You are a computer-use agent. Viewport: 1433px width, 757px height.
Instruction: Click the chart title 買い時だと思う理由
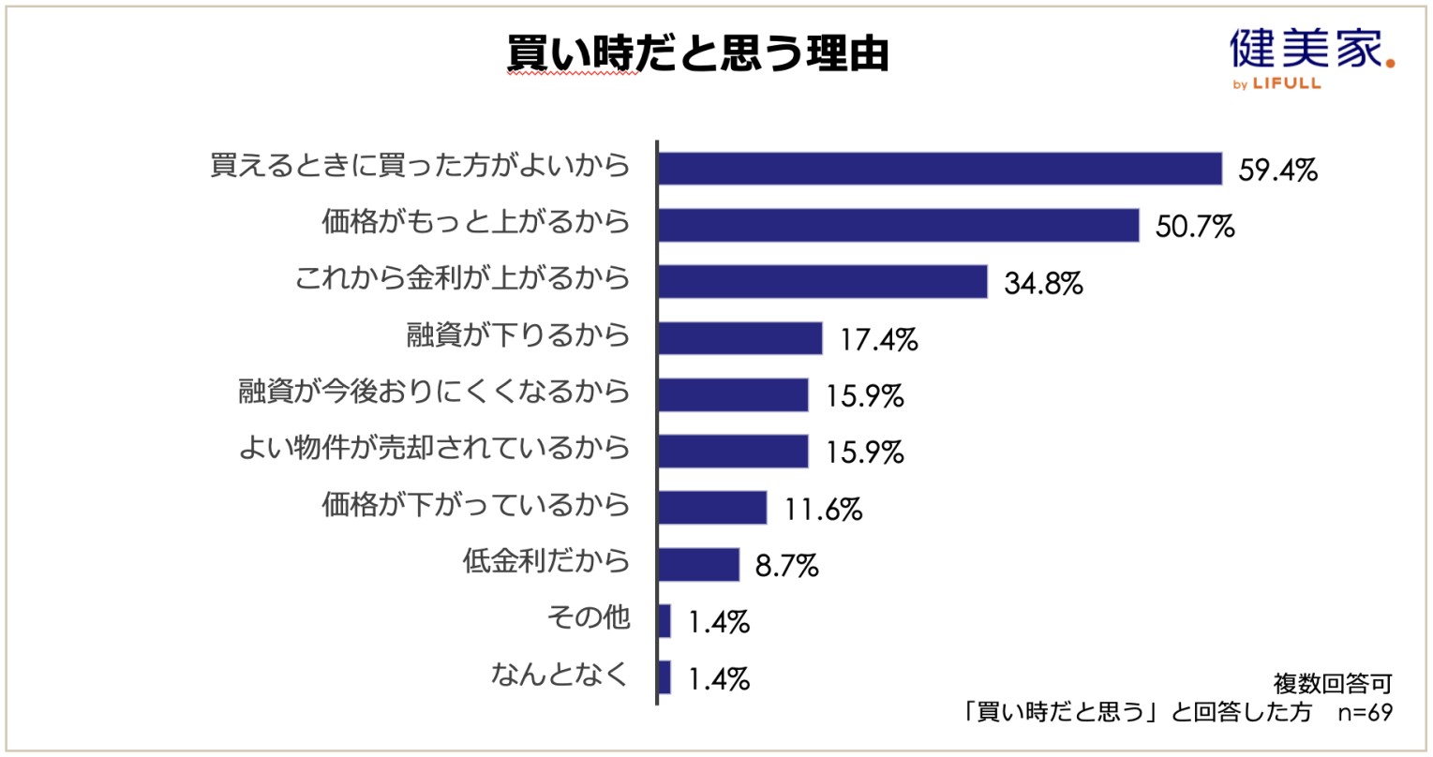[697, 55]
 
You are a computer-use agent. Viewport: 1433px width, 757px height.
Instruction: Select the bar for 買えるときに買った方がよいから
[940, 169]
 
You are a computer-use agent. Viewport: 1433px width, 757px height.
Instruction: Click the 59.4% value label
[1278, 171]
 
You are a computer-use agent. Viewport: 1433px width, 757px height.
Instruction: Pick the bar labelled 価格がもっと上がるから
[899, 226]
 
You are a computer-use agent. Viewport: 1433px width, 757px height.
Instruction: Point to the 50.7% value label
[1195, 228]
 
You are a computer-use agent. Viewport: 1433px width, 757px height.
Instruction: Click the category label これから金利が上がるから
[462, 278]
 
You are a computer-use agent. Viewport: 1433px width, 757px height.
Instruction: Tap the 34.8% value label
[1043, 284]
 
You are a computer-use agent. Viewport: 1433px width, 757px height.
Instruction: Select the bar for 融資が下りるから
[740, 338]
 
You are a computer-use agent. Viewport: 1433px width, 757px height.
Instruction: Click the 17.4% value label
[878, 340]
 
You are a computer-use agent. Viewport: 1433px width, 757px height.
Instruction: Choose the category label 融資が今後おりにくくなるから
[434, 392]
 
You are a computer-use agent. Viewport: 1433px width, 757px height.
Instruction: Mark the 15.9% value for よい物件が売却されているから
[864, 453]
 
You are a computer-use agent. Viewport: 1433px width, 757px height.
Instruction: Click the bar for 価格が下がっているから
[712, 508]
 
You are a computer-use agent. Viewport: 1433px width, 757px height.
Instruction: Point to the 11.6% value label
[823, 510]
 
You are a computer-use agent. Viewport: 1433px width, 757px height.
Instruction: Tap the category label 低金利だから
[545, 561]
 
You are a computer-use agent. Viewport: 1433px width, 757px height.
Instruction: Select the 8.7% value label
[786, 566]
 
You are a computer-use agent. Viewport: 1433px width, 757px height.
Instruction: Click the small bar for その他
[664, 620]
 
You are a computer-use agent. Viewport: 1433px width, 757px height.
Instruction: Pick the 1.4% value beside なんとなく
[719, 679]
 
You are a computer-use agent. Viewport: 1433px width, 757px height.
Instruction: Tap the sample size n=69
[1366, 712]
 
